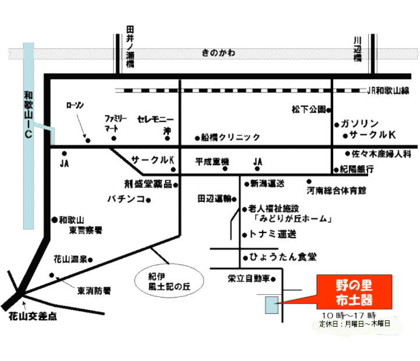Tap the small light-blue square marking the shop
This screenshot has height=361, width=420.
click(271, 304)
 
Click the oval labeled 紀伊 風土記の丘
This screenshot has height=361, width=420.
click(169, 280)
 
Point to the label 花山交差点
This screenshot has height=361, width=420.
click(34, 317)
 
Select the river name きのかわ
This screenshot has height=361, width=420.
click(218, 53)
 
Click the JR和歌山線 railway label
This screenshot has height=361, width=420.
click(389, 90)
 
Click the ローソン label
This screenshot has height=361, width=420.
click(76, 105)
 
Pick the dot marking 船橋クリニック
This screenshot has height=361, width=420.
click(197, 138)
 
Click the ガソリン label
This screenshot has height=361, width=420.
click(361, 123)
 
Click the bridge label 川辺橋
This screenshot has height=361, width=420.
click(357, 50)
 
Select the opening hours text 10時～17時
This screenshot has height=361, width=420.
click(344, 314)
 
